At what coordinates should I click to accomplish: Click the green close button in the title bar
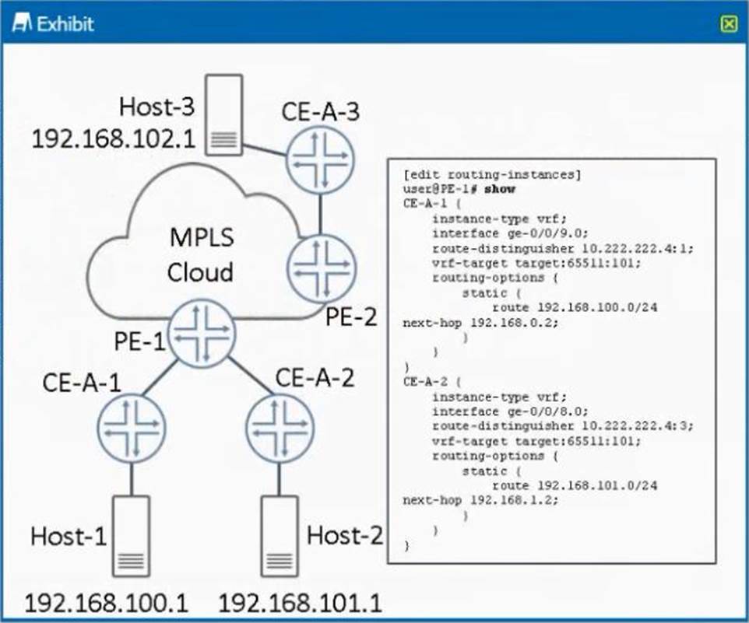pos(728,23)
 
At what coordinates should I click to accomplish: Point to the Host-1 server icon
pos(131,536)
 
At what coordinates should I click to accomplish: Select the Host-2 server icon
pos(280,536)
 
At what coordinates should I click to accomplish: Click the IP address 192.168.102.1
pos(115,139)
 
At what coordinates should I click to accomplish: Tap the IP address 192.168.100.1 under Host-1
pos(107,604)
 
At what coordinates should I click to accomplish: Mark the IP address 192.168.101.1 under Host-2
pos(301,604)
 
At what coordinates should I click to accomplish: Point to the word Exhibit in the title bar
pos(65,23)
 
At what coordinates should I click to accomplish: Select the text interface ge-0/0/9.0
pos(511,233)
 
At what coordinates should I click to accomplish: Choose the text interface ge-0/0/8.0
pos(511,411)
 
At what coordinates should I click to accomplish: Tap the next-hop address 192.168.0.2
pos(512,322)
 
